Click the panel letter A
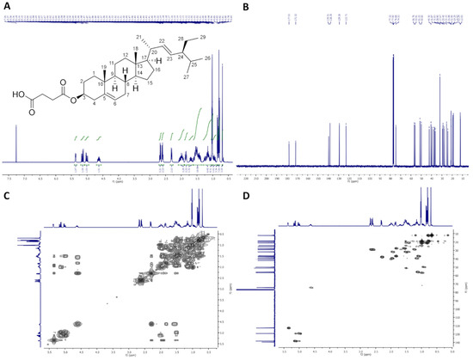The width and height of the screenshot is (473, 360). [x=7, y=7]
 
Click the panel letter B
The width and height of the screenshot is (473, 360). [x=244, y=7]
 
